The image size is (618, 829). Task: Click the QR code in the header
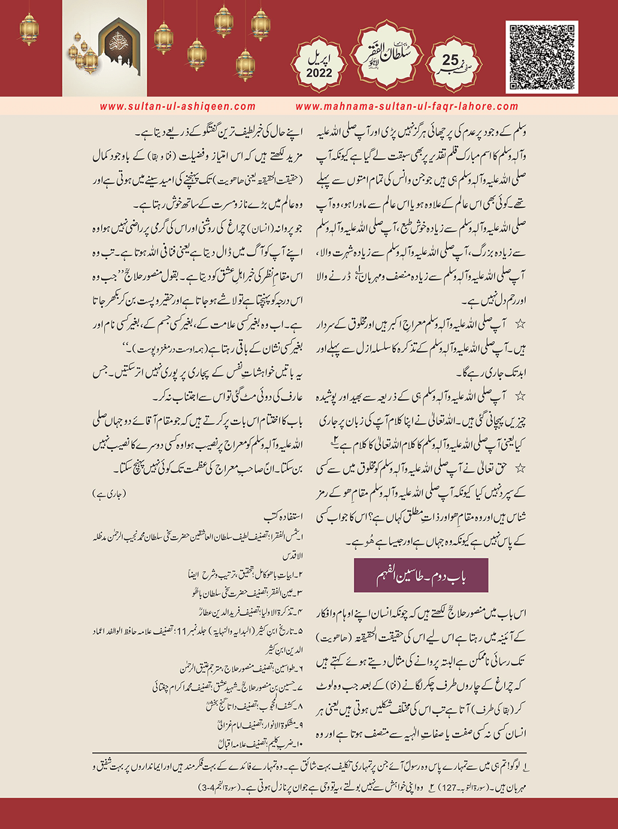(542, 57)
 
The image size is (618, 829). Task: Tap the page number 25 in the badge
(451, 61)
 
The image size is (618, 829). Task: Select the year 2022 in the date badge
(319, 73)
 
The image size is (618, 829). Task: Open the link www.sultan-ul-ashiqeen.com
(178, 106)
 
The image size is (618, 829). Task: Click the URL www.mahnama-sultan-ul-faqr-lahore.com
(407, 106)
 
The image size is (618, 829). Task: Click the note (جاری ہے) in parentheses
(110, 494)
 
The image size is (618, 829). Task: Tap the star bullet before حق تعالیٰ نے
(520, 468)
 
